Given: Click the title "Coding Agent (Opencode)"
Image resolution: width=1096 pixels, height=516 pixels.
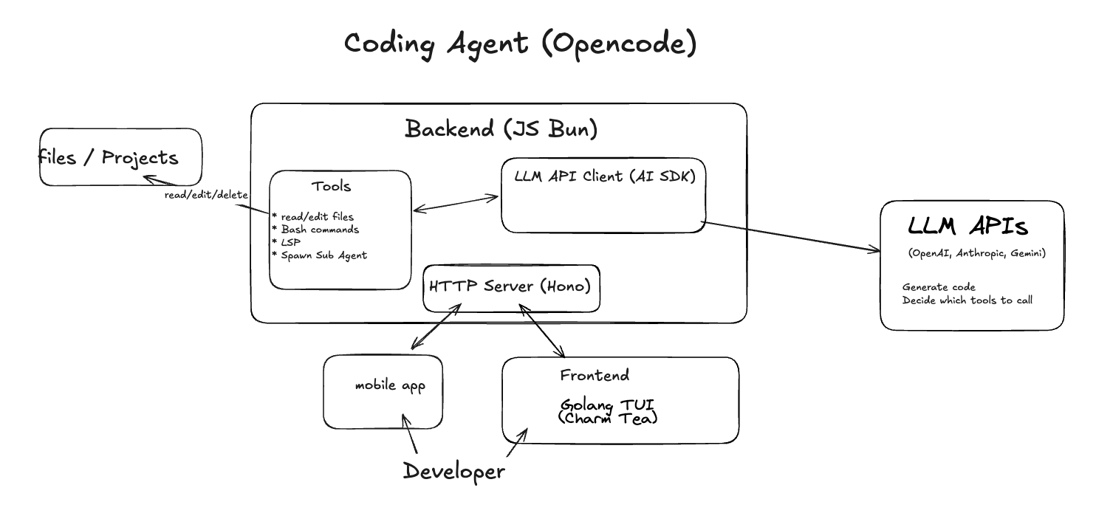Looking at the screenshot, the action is point(521,44).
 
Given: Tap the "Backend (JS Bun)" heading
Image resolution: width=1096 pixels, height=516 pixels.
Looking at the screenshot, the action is point(501,129).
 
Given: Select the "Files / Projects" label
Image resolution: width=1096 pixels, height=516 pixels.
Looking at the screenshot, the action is point(109,158).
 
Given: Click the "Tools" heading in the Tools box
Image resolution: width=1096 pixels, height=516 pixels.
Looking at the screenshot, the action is point(332,186).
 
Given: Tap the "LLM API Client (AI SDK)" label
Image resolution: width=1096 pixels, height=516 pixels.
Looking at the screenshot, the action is point(605,176).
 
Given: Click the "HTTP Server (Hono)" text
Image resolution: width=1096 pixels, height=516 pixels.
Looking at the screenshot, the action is point(510,286).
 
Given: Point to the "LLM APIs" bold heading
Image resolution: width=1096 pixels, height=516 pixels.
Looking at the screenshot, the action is point(967,226).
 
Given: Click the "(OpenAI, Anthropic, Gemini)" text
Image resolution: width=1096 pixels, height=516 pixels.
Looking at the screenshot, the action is point(977,253).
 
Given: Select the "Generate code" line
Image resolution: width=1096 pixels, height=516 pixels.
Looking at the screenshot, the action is point(939,287).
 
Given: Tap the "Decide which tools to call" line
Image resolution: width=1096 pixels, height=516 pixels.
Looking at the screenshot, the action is point(967,300).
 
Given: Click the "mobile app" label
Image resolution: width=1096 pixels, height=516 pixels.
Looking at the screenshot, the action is point(390,386).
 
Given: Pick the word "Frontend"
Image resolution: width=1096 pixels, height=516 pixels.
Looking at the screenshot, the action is point(595,375).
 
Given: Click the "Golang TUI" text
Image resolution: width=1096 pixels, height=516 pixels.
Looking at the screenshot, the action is point(607,405).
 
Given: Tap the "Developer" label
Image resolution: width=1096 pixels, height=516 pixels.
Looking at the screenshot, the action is point(454,472).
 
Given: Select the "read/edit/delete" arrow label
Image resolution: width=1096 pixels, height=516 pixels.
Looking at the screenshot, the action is point(206,195).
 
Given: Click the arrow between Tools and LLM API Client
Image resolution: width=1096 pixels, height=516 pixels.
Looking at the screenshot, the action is point(456,204).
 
